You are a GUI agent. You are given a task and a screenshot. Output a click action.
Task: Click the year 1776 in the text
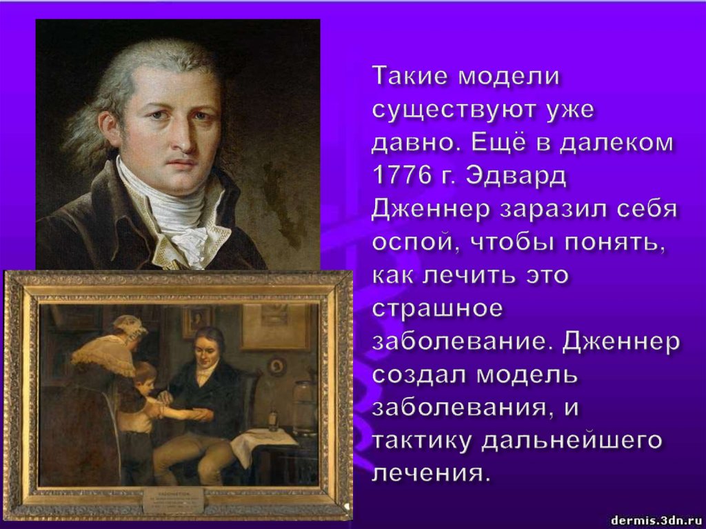(397, 176)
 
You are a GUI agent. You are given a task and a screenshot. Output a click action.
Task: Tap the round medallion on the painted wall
(277, 365)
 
